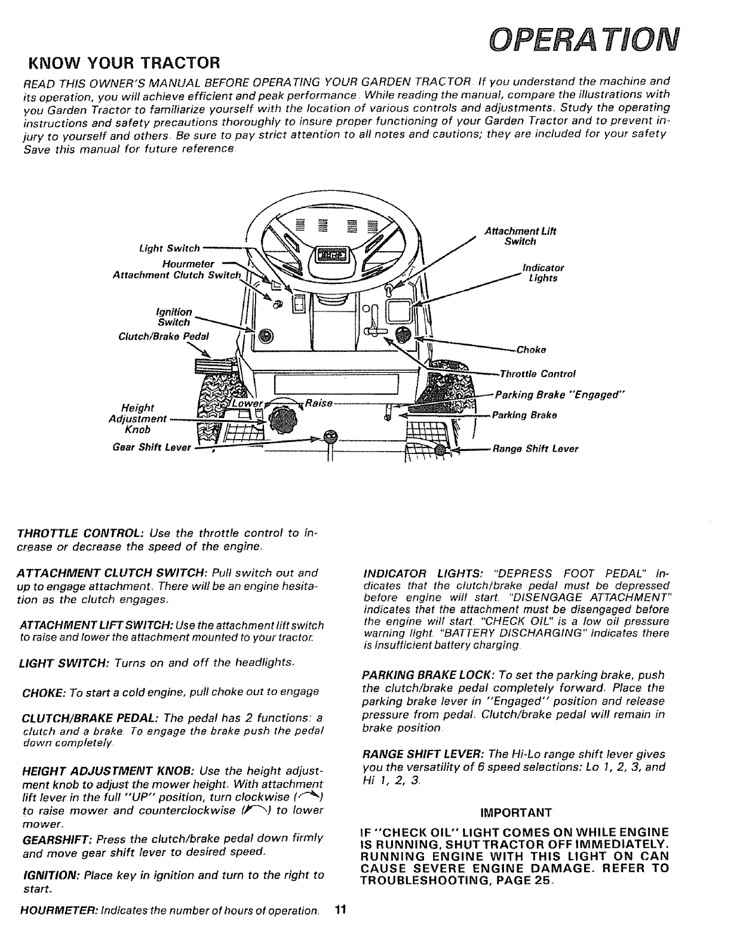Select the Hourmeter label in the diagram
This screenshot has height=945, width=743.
(188, 264)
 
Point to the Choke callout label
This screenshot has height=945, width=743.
(532, 350)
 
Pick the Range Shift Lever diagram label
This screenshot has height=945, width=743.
(535, 449)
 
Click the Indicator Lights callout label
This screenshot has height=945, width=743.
(543, 273)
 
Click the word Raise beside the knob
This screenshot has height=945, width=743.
(318, 403)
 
